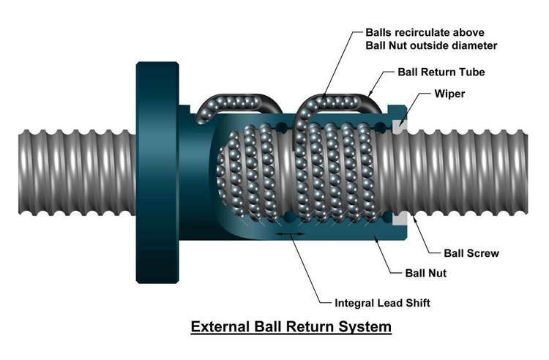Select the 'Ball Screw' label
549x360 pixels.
471,253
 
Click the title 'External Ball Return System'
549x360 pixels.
291,326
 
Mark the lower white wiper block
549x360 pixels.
399,218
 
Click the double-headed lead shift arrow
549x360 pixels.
291,234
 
